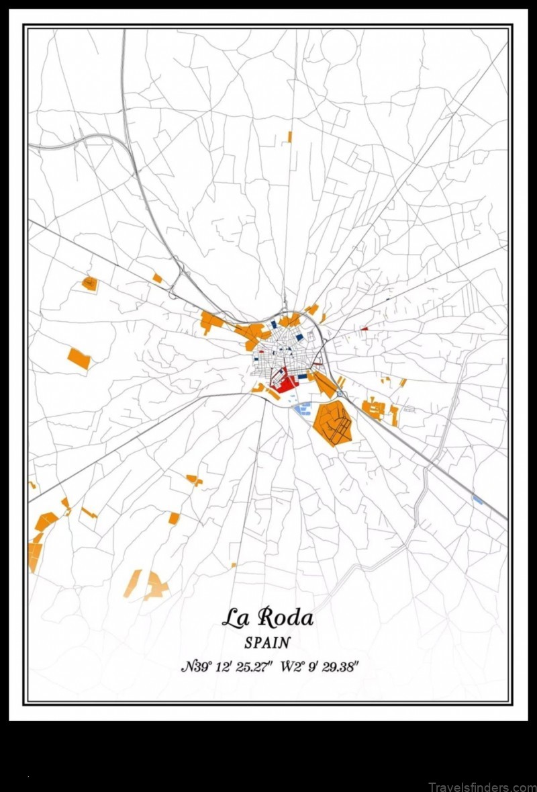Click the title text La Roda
267,617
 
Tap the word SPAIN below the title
267,643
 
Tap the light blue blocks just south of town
303,406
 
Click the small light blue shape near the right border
477,500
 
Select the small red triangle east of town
365,328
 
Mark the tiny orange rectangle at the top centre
290,137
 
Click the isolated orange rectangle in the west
79,358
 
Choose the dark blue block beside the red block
303,377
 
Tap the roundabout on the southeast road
340,394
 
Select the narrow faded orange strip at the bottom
132,583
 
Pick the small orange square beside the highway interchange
157,277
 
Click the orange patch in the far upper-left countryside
90,283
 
